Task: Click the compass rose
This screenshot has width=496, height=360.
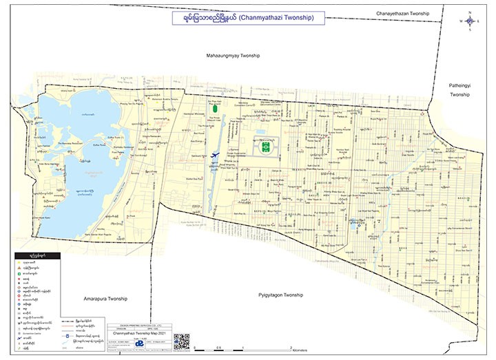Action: pyautogui.click(x=470, y=21)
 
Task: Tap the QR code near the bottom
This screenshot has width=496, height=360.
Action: pyautogui.click(x=180, y=341)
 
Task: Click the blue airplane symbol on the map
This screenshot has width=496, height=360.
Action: pyautogui.click(x=217, y=156)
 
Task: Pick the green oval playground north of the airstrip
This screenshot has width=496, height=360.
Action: pyautogui.click(x=216, y=108)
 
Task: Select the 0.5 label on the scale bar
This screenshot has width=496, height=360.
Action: pyautogui.click(x=219, y=349)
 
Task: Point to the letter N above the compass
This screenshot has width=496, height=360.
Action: pyautogui.click(x=470, y=12)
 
